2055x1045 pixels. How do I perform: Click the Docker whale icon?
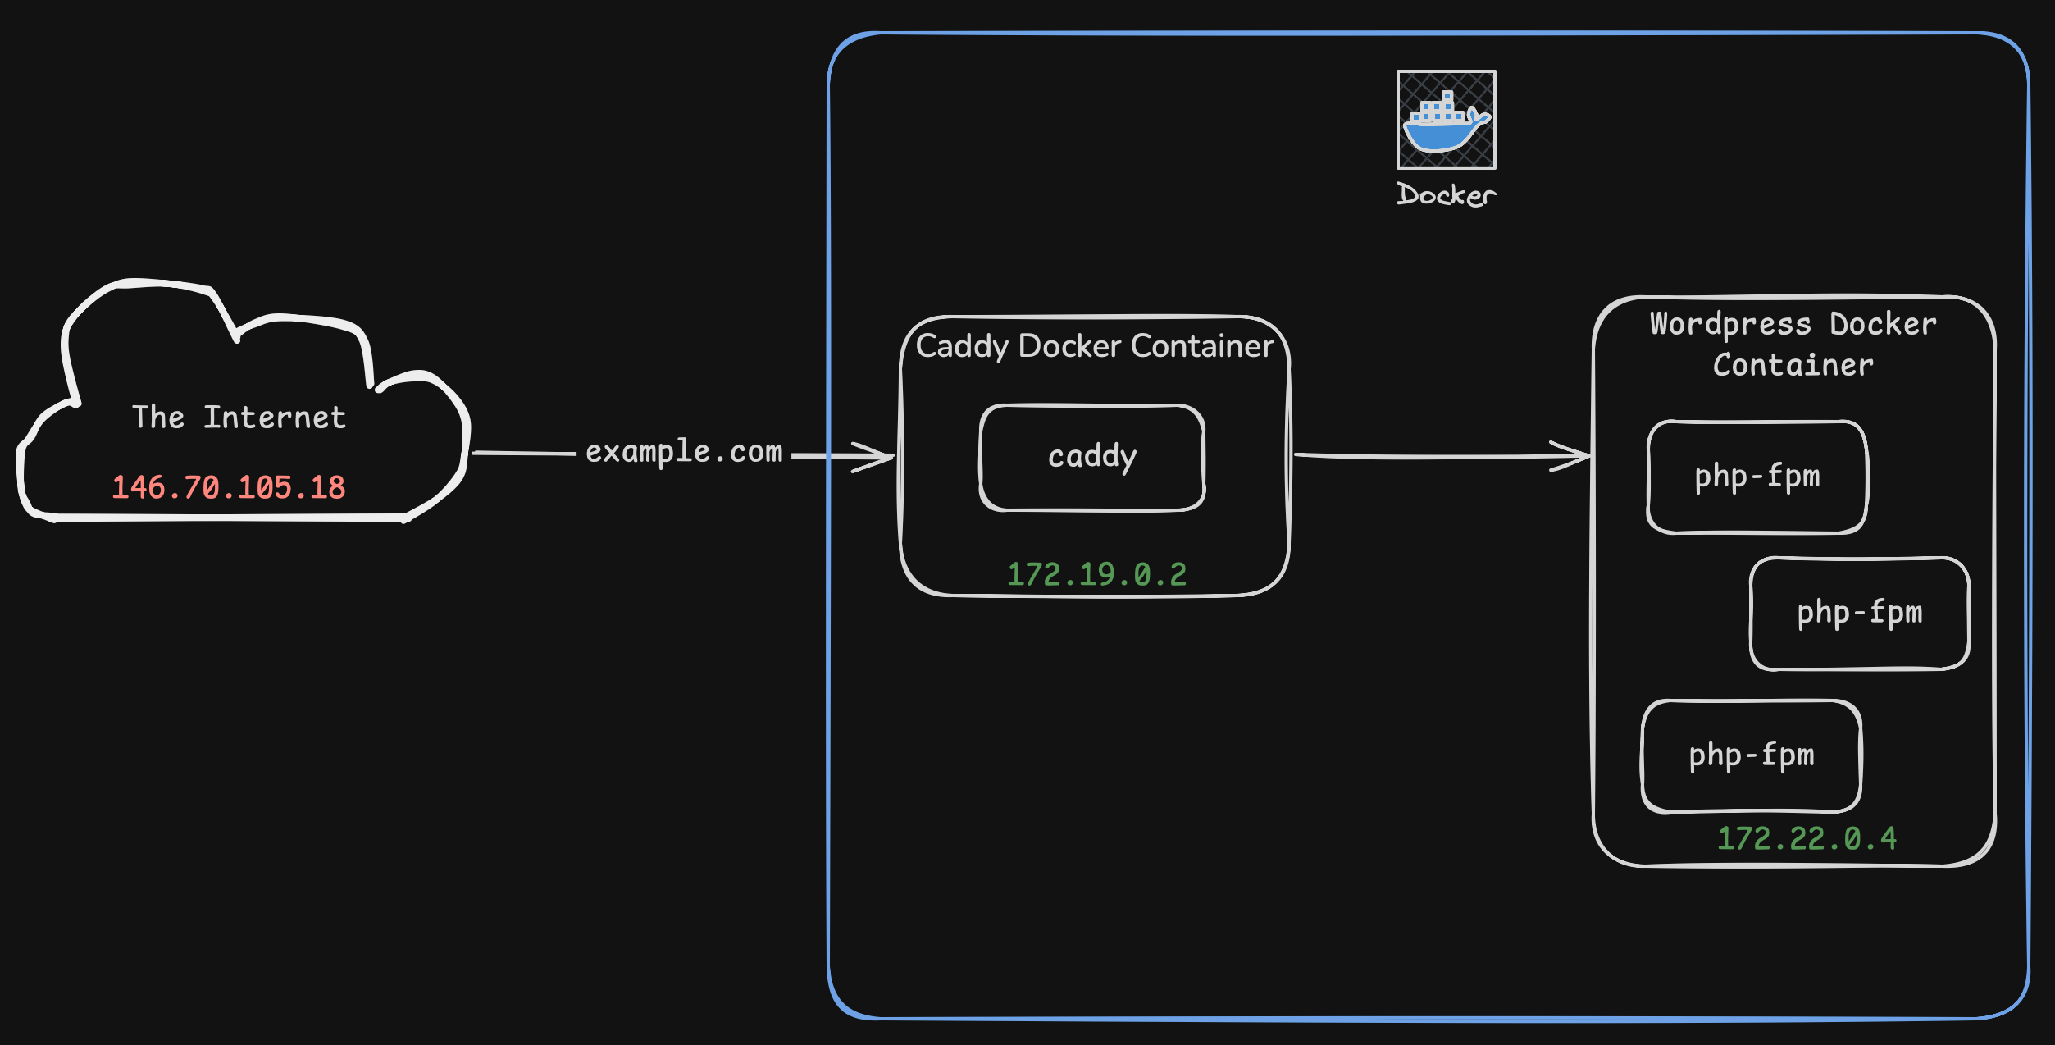click(1446, 120)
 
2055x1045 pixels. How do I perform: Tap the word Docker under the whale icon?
click(1446, 195)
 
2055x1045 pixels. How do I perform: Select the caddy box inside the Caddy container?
click(1092, 457)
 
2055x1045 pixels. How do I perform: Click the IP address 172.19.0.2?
click(1096, 574)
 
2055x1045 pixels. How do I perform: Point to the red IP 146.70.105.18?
click(228, 487)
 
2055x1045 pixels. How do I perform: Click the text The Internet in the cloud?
click(239, 418)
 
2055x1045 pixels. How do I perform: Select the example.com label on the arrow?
click(684, 452)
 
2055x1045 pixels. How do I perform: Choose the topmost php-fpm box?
click(1757, 477)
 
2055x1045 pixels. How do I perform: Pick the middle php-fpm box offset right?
click(1859, 613)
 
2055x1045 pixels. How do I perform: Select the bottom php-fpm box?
click(1751, 755)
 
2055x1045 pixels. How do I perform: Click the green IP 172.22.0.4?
click(1807, 838)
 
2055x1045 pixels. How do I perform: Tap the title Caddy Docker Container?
click(1094, 346)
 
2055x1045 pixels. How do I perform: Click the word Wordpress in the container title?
click(1730, 325)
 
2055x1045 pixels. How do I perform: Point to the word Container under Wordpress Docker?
click(1793, 365)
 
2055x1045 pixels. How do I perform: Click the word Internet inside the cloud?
click(275, 418)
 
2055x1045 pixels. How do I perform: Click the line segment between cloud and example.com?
click(525, 453)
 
